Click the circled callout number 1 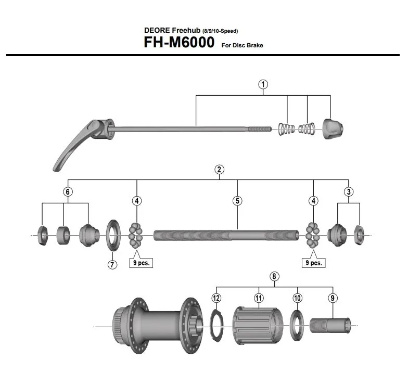[x=263, y=84]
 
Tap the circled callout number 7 [x=112, y=264]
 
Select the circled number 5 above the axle [x=237, y=201]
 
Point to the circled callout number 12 [x=216, y=298]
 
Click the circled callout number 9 [x=333, y=298]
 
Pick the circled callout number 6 [x=68, y=191]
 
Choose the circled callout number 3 [x=349, y=191]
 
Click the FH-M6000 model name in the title [x=179, y=42]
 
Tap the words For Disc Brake [x=242, y=45]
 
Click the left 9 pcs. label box [x=141, y=263]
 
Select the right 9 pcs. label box [x=313, y=263]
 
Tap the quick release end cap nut [x=333, y=129]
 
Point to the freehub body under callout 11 [x=258, y=326]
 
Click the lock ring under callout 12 [x=216, y=326]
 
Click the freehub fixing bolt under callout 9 [x=330, y=325]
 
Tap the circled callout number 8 [x=274, y=276]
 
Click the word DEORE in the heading [x=157, y=30]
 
